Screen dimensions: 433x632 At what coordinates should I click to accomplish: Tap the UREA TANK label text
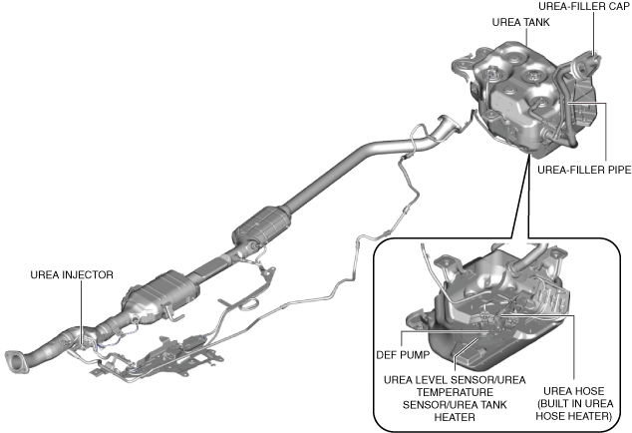(x=518, y=21)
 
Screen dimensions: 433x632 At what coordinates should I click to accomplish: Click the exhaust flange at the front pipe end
(x=14, y=361)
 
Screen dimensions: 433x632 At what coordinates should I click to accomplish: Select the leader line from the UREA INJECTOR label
(x=80, y=304)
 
